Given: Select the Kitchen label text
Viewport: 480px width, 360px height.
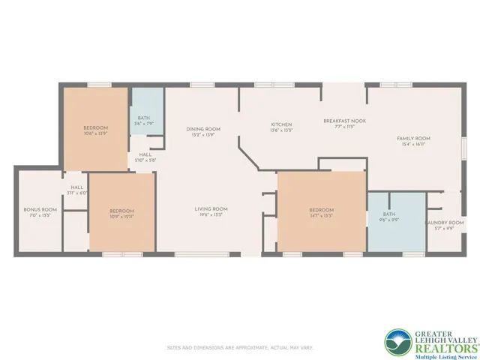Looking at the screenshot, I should pos(281,124).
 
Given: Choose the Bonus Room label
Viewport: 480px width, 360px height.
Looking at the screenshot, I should pos(40,209).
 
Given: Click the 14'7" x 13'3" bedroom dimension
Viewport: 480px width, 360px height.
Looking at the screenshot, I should pos(322,215).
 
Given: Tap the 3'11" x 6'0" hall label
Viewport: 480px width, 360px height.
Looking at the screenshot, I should pos(77,193).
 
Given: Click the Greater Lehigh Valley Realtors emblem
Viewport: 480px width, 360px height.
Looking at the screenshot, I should pos(397,341).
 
